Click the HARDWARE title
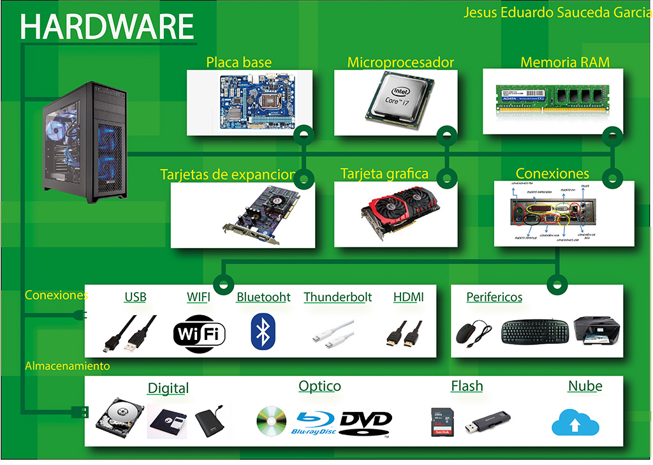[107, 27]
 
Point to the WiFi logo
[199, 332]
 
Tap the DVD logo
[365, 422]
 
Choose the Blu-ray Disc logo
[316, 422]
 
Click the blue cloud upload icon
[575, 422]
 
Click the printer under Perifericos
[596, 330]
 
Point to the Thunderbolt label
[337, 297]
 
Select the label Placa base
[238, 62]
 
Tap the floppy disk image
[167, 423]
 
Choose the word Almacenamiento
[67, 366]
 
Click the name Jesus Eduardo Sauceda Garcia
[557, 12]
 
